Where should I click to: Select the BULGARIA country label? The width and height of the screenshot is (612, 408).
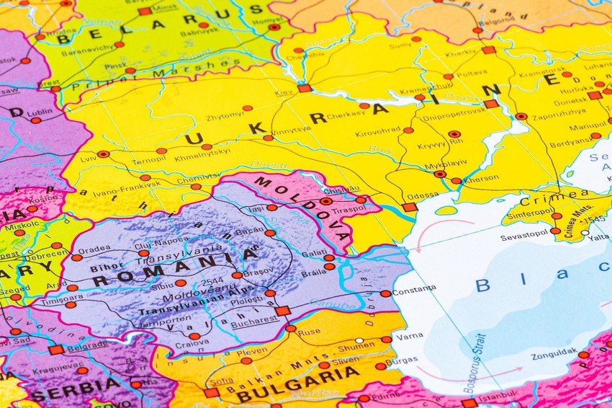(x=297, y=384)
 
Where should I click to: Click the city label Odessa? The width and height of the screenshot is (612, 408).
(x=422, y=195)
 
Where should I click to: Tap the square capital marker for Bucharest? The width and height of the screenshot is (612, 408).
(x=282, y=311)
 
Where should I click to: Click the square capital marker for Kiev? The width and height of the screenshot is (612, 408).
(x=304, y=88)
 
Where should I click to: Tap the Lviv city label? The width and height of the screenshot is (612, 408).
(x=88, y=157)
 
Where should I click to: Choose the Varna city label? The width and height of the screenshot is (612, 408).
(x=409, y=335)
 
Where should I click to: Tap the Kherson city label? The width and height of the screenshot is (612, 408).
(x=481, y=178)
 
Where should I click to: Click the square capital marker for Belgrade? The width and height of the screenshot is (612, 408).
(x=56, y=350)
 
